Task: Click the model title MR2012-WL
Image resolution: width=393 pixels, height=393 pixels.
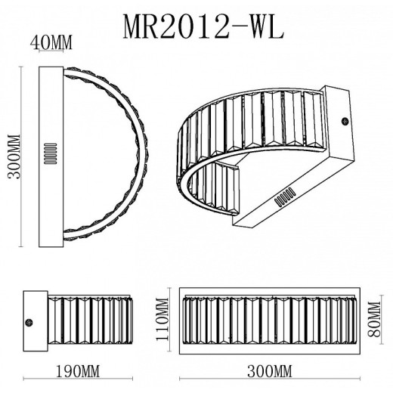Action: tap(203, 26)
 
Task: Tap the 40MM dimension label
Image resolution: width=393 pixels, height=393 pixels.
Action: tap(51, 42)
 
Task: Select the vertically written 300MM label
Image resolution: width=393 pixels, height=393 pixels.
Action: tap(14, 156)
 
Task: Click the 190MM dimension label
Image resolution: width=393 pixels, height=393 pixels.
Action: tap(78, 371)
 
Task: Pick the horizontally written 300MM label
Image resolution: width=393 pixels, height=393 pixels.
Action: tap(270, 371)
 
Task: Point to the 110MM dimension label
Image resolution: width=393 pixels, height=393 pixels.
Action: tap(162, 319)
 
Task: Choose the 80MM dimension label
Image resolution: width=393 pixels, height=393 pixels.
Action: tap(374, 319)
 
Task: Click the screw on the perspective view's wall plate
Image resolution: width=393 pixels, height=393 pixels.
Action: tap(345, 121)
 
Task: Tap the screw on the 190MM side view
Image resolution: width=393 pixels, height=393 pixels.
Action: tap(29, 323)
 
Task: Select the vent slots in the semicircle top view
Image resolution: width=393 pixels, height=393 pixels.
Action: tap(51, 153)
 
